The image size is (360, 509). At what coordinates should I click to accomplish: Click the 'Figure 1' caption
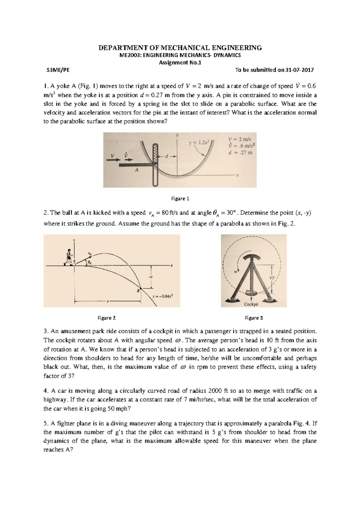coord(180,198)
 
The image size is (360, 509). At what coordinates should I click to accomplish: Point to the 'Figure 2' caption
coord(106,318)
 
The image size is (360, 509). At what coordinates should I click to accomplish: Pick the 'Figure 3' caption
coord(254,318)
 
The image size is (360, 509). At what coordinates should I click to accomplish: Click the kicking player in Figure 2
coord(69,257)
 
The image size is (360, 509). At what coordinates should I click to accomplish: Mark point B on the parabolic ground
coord(138,290)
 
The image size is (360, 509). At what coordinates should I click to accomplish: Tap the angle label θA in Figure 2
coord(89,263)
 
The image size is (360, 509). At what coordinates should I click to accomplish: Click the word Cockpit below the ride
coord(251,304)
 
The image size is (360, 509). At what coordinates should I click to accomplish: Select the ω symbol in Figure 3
coord(235,272)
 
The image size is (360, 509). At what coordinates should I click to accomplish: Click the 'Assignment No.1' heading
coord(180,63)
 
